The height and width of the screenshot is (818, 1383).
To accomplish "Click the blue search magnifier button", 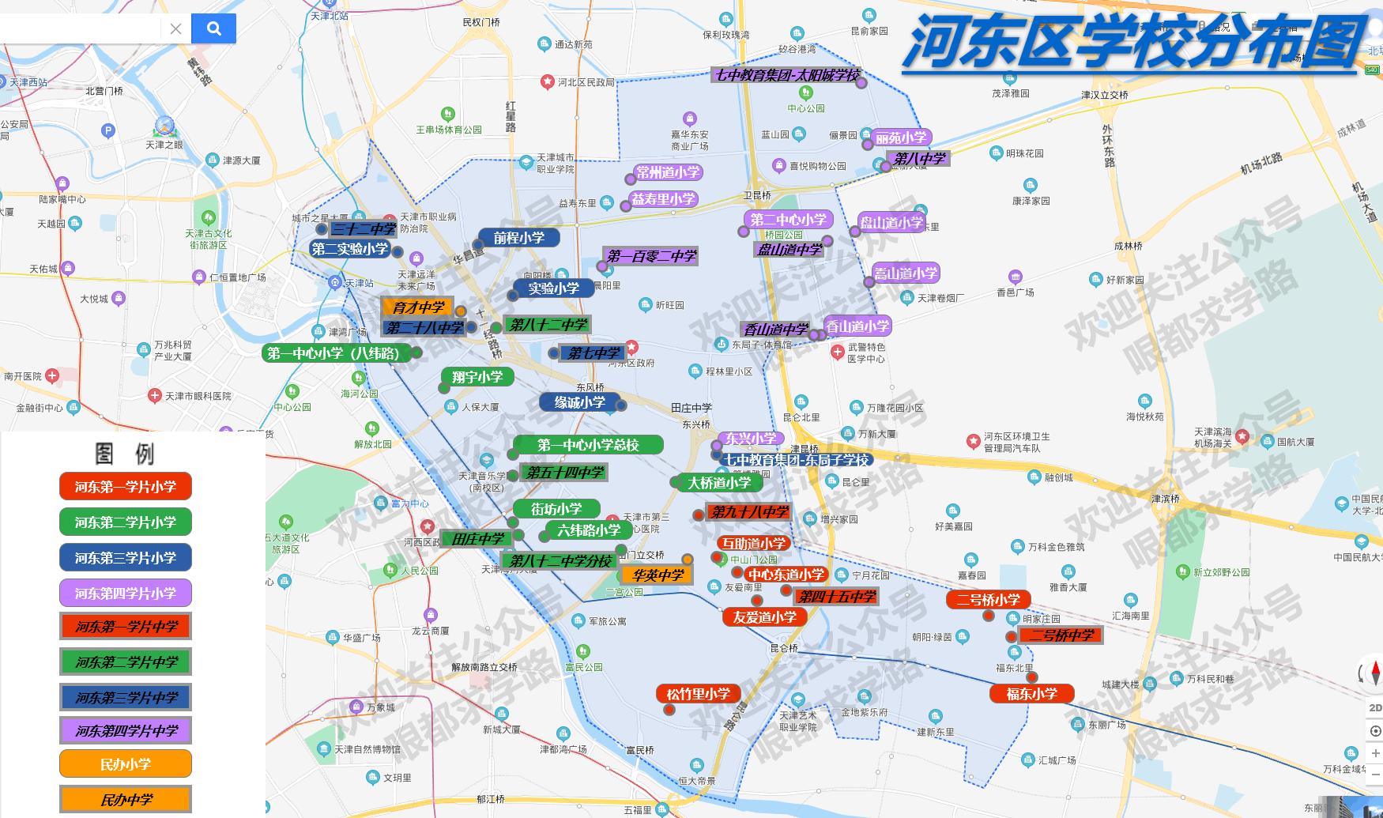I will tap(213, 29).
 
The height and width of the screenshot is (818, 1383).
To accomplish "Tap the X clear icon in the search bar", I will tap(175, 29).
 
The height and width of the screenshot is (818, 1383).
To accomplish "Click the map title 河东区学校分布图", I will tap(1134, 43).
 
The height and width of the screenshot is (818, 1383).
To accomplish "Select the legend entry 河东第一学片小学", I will tap(126, 487).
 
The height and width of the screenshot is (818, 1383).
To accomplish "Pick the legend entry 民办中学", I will tap(126, 800).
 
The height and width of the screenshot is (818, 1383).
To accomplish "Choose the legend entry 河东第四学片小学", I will tap(126, 594).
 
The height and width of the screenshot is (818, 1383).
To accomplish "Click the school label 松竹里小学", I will tap(698, 694).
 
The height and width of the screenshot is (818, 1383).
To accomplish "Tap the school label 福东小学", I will tap(1031, 694).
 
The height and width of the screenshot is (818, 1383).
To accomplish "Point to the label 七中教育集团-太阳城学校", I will tap(786, 76).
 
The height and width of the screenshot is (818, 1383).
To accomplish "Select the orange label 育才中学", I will tap(418, 307).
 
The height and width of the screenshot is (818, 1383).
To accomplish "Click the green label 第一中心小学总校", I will tap(588, 445).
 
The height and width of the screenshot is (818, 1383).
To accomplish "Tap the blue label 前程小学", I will tap(518, 238).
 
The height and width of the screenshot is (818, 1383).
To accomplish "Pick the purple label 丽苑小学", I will tap(901, 138).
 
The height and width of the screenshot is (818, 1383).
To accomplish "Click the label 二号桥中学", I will tap(1061, 635).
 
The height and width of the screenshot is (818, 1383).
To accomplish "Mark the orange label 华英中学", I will tap(658, 575).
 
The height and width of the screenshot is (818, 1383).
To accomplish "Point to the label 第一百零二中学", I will tap(651, 256).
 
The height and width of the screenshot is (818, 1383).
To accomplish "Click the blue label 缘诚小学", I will tap(579, 402).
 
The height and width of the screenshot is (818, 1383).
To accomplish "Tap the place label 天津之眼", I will tap(164, 145).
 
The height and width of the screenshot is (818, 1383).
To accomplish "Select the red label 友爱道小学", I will tap(764, 617).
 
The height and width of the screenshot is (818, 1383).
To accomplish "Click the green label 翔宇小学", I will tap(477, 377).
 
